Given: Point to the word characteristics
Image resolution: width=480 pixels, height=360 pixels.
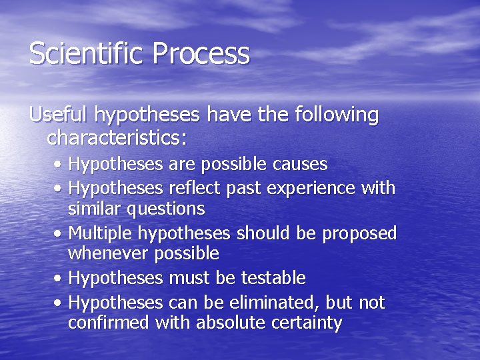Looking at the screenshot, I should pyautogui.click(x=117, y=139).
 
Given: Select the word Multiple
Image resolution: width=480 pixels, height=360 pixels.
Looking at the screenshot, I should pyautogui.click(x=99, y=234).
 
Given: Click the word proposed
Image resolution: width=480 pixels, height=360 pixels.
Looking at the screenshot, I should pyautogui.click(x=359, y=234).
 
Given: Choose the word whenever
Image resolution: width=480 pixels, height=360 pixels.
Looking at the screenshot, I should pyautogui.click(x=109, y=253).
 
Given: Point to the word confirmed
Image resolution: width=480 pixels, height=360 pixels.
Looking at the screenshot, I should pyautogui.click(x=109, y=323).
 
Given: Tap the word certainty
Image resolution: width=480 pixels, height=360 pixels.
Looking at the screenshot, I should pyautogui.click(x=305, y=324).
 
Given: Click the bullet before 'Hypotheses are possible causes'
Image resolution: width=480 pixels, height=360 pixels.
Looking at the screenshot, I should pyautogui.click(x=60, y=165).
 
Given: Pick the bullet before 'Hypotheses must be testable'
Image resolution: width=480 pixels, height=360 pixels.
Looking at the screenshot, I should pyautogui.click(x=60, y=278).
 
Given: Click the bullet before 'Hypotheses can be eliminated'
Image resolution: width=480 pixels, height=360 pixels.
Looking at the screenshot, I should pyautogui.click(x=60, y=304).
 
